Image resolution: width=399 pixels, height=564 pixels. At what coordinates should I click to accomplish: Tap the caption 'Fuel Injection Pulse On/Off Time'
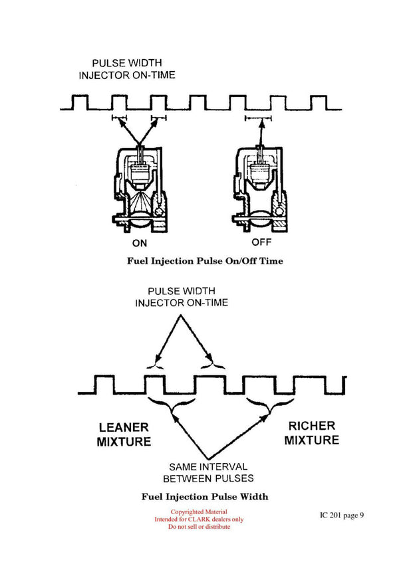click(x=205, y=261)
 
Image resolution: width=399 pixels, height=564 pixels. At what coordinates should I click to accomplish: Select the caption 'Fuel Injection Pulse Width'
click(x=205, y=496)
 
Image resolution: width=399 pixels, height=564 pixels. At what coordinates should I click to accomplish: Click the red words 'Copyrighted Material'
click(x=199, y=512)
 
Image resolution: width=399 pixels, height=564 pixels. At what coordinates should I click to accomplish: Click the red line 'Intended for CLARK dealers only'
click(x=199, y=519)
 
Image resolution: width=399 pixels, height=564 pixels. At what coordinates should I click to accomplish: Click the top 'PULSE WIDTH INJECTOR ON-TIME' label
click(x=118, y=69)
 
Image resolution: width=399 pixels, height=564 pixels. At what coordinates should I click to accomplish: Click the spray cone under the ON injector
click(x=139, y=201)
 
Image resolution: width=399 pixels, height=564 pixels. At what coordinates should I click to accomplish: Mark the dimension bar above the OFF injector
click(x=258, y=119)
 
